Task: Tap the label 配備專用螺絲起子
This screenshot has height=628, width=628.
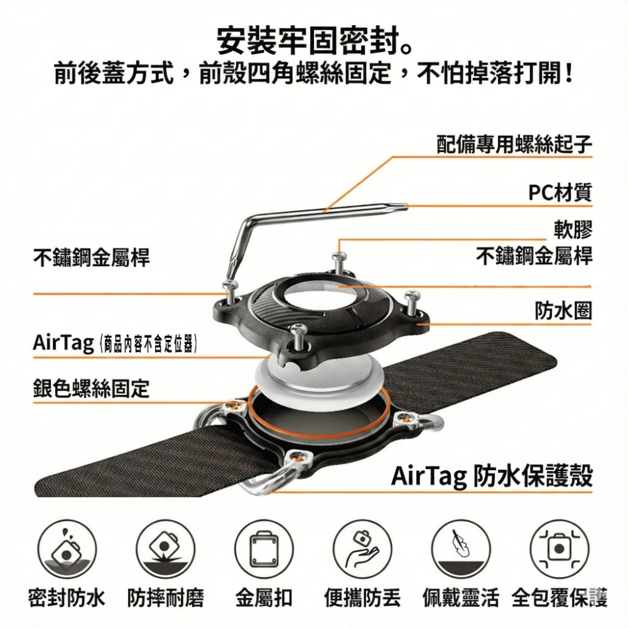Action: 514,144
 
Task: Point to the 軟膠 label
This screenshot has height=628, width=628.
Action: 573,230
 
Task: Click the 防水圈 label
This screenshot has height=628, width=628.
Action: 563,310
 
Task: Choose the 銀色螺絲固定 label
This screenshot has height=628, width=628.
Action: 91,389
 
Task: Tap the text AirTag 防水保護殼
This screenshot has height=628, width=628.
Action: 492,476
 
